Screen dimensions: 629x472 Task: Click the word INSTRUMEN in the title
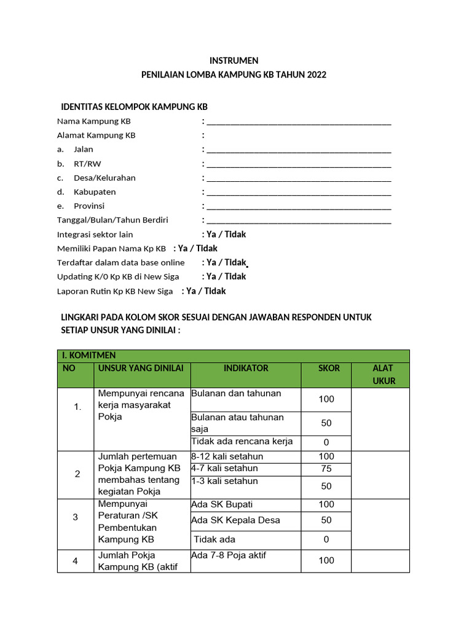point(234,60)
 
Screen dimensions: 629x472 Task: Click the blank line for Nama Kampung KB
point(299,122)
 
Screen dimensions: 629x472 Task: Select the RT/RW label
point(87,163)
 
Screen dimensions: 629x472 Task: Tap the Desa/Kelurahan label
point(104,178)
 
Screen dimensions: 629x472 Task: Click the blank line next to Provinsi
point(299,206)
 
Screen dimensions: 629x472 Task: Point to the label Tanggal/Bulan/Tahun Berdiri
point(112,220)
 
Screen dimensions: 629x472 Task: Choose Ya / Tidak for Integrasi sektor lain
point(226,234)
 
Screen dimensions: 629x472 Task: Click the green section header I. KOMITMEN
point(88,356)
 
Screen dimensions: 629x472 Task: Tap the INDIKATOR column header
point(246,368)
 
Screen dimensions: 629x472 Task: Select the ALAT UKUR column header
point(383,374)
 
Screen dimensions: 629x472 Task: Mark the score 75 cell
point(326,469)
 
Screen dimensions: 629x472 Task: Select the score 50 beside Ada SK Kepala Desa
point(326,520)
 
